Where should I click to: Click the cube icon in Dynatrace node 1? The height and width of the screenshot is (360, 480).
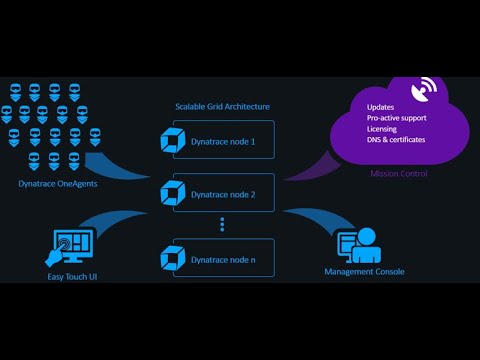click(x=174, y=142)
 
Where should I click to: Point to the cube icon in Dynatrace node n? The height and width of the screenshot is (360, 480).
click(x=174, y=258)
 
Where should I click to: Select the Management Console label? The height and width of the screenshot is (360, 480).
click(x=364, y=271)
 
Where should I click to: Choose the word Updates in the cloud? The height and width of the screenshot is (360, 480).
click(x=380, y=106)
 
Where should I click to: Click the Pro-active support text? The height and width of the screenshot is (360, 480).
click(x=401, y=117)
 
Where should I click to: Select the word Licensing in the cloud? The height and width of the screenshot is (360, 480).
click(x=383, y=128)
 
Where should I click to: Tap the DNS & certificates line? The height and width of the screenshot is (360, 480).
click(x=396, y=140)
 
